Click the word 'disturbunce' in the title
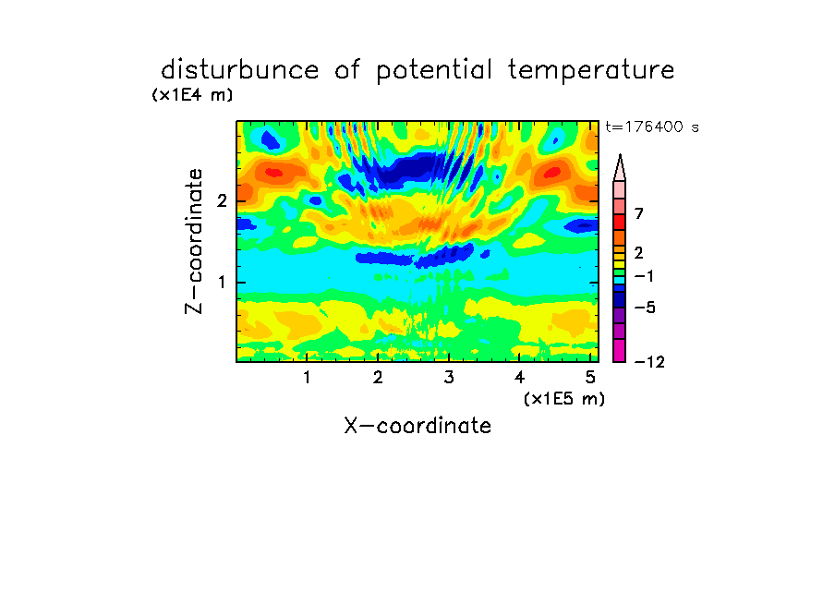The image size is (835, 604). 239,70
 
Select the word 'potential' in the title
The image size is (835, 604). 434,71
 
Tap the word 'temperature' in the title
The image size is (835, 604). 591,70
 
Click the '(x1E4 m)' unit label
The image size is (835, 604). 192,95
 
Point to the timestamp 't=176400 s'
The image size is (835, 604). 652,127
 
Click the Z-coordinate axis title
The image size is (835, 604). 194,241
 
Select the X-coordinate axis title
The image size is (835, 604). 417,426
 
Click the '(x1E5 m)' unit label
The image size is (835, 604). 564,399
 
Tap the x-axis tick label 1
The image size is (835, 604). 307,378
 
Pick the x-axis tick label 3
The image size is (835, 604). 449,378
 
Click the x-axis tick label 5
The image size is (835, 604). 590,378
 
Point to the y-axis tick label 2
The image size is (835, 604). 222,201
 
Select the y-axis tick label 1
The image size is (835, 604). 222,283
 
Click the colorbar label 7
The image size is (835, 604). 639,214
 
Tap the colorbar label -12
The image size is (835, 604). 649,362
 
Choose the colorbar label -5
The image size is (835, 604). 645,308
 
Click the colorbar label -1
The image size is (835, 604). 644,276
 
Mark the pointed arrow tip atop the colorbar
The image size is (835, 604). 620,155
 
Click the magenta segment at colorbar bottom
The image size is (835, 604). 620,350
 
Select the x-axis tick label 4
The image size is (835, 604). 519,378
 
